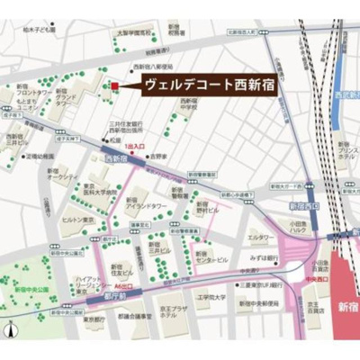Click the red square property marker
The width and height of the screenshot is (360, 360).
(x=114, y=86)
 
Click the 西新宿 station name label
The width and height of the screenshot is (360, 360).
(x=115, y=158)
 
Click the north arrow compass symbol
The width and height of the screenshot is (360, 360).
(x=9, y=330)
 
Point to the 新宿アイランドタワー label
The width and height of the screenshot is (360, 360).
(x=142, y=203)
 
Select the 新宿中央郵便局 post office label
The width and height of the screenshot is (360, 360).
(x=256, y=303)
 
